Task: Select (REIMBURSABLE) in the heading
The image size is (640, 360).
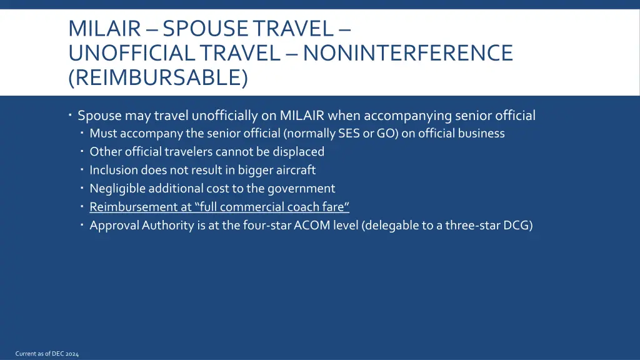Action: tap(158, 77)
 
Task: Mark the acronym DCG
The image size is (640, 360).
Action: tap(519, 225)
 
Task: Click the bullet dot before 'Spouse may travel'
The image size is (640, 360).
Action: tap(72, 116)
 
